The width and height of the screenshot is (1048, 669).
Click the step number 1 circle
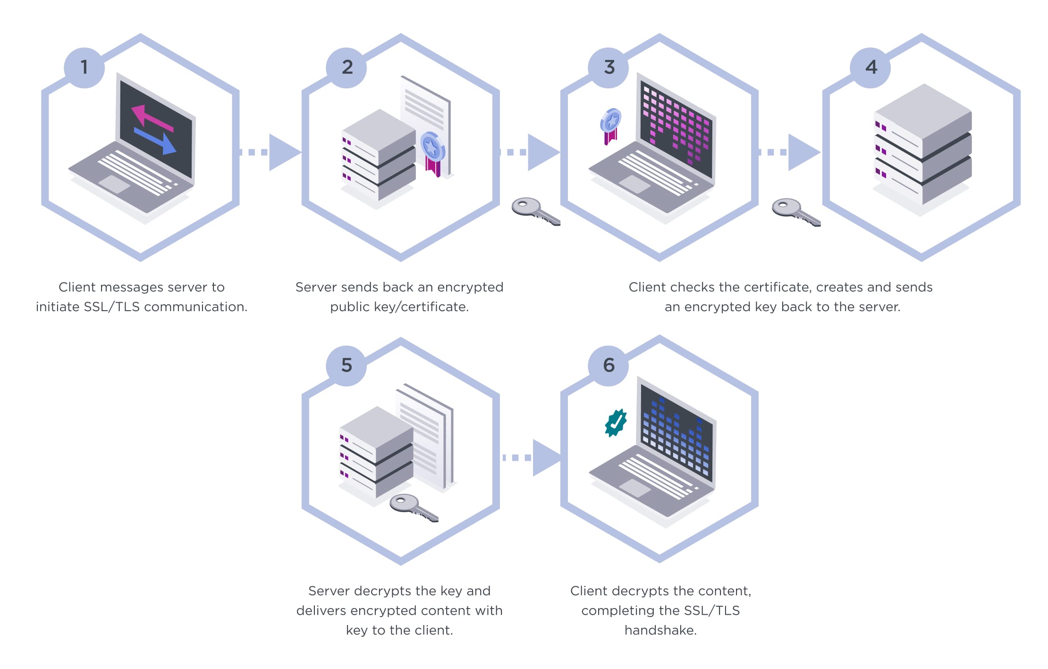[84, 68]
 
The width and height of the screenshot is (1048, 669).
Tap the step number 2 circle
[347, 68]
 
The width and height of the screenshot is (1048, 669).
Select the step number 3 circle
[609, 68]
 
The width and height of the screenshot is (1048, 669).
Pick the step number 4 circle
[871, 68]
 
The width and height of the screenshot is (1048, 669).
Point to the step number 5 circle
[347, 365]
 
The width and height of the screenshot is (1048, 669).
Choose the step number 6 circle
[609, 365]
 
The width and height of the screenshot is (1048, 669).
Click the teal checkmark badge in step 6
[616, 423]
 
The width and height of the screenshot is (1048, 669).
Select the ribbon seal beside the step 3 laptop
[611, 125]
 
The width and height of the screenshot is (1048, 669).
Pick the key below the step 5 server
[413, 507]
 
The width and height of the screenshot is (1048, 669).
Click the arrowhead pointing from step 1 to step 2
[283, 152]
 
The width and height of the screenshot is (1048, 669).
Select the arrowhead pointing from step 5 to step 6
[546, 457]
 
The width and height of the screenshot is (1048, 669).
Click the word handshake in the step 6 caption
[660, 630]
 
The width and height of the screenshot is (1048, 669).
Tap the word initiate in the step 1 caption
[58, 307]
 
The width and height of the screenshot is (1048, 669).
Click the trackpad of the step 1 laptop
[114, 184]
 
